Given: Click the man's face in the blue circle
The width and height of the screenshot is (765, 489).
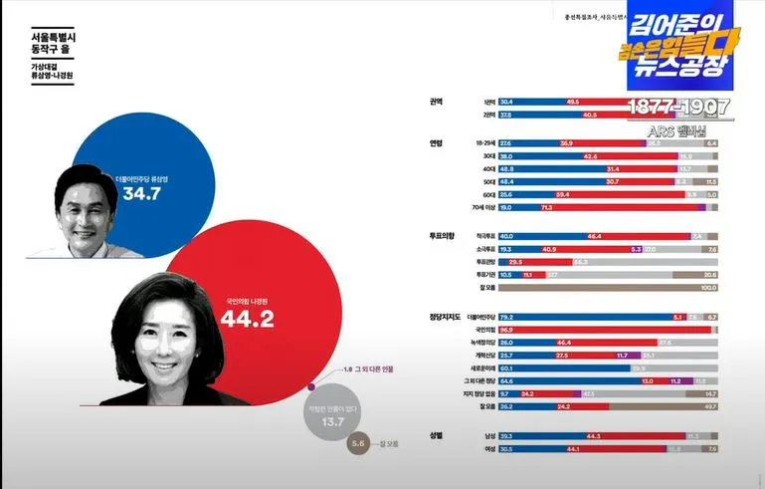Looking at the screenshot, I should pos(82,198).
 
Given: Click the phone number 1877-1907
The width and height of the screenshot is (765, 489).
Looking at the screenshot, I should pos(678,106).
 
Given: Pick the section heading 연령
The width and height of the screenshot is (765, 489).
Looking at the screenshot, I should pos(436,142).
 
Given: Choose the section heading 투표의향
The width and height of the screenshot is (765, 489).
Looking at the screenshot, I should pos(442,235).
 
